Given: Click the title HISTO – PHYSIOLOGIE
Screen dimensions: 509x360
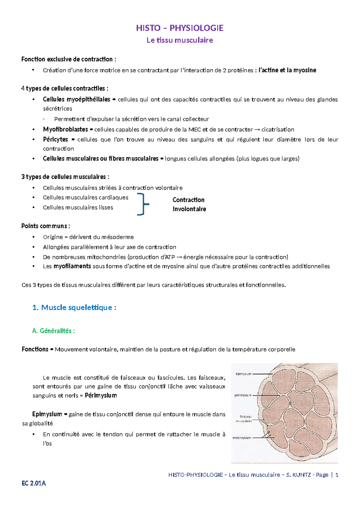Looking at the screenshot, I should tap(180, 28).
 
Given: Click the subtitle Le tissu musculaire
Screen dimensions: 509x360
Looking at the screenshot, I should tap(180, 40).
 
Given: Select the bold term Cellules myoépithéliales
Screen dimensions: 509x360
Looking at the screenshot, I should tap(76, 99).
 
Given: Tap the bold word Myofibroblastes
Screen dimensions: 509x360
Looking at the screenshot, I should tap(65, 129).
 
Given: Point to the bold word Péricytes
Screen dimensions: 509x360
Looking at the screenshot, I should tap(55, 139).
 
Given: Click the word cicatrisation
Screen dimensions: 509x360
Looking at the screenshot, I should tap(277, 129).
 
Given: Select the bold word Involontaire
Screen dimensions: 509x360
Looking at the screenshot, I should tap(189, 209).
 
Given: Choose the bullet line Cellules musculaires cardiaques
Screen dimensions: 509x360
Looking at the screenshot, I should tap(85, 197).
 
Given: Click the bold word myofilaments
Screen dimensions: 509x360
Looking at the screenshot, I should tap(72, 266).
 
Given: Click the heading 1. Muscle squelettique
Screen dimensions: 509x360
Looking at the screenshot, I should tap(74, 307).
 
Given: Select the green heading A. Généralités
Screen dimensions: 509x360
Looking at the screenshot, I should tap(53, 331).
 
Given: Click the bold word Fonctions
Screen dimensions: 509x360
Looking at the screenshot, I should tap(35, 349).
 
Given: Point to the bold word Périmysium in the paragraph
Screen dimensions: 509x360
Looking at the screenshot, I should tap(101, 396).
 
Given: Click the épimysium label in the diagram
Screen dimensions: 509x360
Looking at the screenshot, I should tap(243, 374).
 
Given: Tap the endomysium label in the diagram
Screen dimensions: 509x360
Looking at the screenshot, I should tap(242, 438).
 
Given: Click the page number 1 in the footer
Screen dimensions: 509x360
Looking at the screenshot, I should tap(337, 475).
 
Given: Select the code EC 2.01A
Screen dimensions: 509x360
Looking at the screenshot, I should tap(34, 483).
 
